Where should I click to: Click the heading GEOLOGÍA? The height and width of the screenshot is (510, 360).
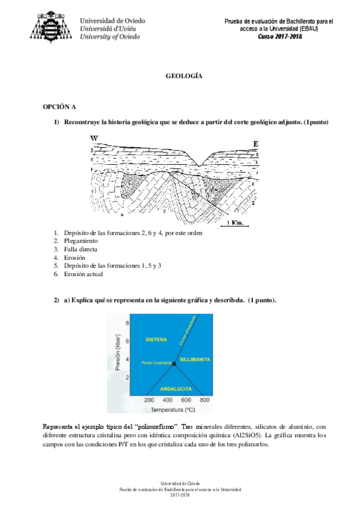pyautogui.click(x=183, y=77)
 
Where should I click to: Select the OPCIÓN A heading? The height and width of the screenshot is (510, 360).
pyautogui.click(x=59, y=107)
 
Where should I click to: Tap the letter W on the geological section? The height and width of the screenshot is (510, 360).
pyautogui.click(x=94, y=139)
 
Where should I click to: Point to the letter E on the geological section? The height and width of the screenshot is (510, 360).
pyautogui.click(x=255, y=144)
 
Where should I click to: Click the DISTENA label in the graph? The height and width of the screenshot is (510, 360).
pyautogui.click(x=156, y=340)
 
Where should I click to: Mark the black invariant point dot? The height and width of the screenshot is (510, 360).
pyautogui.click(x=174, y=363)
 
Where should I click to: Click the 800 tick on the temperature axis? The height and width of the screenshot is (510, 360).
pyautogui.click(x=204, y=400)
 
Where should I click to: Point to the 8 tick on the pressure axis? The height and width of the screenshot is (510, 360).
pyautogui.click(x=128, y=324)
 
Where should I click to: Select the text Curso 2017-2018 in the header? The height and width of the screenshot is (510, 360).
pyautogui.click(x=279, y=37)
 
